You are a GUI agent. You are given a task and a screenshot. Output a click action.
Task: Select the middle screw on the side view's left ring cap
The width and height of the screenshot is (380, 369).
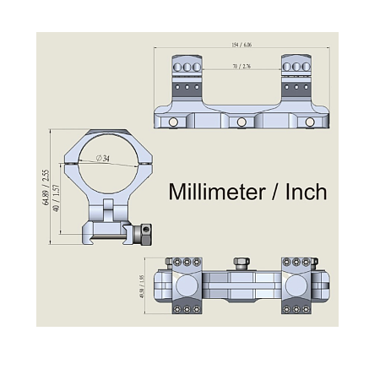(185, 65)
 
